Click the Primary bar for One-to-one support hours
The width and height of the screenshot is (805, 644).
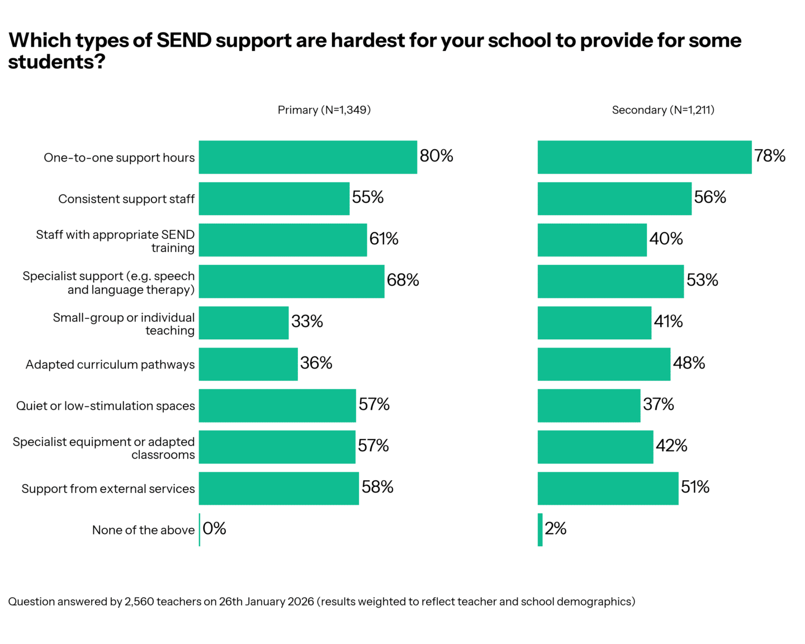(308, 157)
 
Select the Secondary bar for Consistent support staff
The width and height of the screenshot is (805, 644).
(614, 198)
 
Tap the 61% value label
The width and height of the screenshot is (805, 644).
(384, 239)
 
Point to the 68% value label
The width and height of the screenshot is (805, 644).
(403, 280)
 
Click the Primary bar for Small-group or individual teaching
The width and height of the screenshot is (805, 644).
(244, 323)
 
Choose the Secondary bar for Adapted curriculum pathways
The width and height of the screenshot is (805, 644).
(604, 364)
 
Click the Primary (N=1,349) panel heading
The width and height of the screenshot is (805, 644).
(324, 110)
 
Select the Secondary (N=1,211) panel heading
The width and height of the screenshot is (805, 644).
(663, 110)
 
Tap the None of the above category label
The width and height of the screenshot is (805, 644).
(143, 530)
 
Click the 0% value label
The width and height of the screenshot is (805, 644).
(214, 528)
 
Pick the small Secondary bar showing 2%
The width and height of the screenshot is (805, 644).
(540, 529)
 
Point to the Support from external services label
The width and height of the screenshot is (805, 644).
(108, 489)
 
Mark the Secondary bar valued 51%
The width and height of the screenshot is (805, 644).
(608, 488)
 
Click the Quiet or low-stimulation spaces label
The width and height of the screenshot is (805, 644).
(106, 406)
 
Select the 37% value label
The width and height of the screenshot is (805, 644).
(659, 404)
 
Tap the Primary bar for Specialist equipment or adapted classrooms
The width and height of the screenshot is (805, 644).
(277, 447)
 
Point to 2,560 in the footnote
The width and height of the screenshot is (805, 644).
(139, 602)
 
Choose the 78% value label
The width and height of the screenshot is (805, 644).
(770, 156)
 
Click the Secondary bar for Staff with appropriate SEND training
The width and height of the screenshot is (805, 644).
(592, 240)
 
